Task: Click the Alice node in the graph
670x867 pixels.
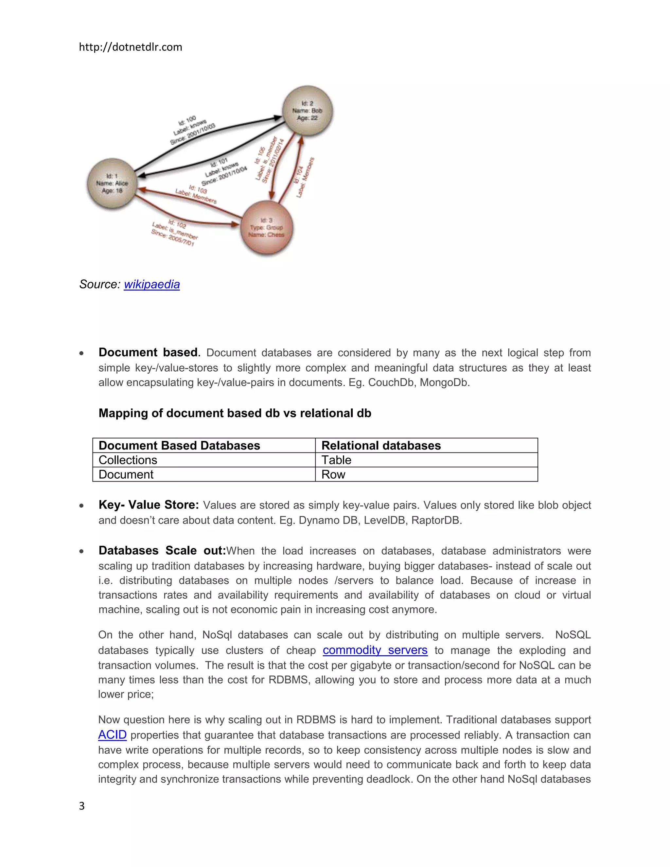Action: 112,184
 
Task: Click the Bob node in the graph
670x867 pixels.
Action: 307,111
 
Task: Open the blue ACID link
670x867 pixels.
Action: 112,735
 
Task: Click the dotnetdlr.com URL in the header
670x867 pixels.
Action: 130,47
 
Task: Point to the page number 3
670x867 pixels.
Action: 82,806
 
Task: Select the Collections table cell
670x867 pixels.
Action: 128,460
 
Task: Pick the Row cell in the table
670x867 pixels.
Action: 333,474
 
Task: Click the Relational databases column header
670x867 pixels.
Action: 381,445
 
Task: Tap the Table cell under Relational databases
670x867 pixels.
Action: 336,460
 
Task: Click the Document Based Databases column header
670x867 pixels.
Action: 179,445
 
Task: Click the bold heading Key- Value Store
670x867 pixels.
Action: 149,504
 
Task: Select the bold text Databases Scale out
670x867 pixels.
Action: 162,550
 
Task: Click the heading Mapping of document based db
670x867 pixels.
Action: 235,413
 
